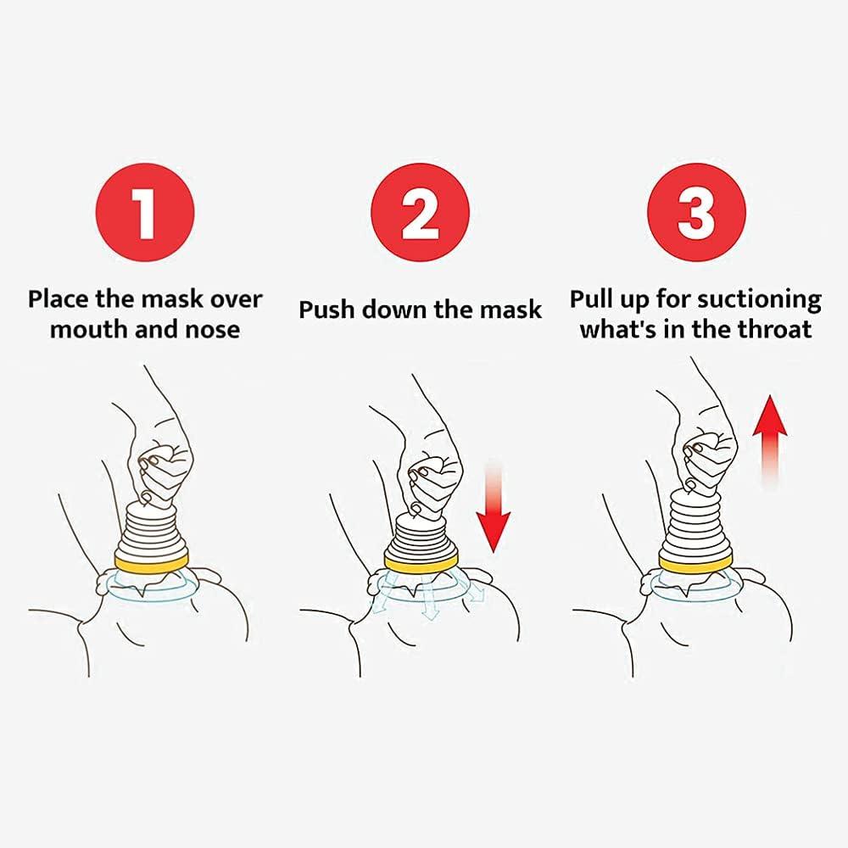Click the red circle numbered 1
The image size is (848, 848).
[x=145, y=212]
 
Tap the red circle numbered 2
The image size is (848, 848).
[x=421, y=212]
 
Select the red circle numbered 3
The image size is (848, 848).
[x=696, y=212]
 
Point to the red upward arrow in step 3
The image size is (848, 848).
[x=770, y=441]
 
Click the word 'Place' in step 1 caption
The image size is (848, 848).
[x=59, y=299]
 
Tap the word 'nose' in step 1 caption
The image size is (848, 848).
[x=213, y=329]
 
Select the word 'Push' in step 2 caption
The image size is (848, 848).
[x=326, y=310]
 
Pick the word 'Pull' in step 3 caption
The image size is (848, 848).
[x=591, y=299]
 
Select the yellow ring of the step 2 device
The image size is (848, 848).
[x=421, y=562]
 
